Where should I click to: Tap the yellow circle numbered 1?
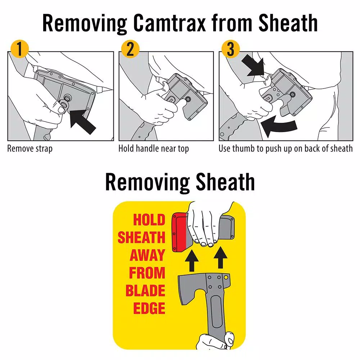(19, 49)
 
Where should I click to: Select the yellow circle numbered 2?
(130, 49)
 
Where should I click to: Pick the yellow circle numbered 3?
(230, 49)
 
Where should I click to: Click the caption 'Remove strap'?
(30, 149)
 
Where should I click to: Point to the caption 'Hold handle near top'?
(154, 149)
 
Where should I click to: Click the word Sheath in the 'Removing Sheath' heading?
(225, 182)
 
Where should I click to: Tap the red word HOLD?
(149, 220)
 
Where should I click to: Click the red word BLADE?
(145, 291)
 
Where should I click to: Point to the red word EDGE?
(149, 308)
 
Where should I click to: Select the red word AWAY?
(147, 255)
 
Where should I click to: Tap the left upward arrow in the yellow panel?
(192, 261)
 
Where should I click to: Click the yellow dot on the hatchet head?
(226, 277)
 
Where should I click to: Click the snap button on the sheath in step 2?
(188, 99)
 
